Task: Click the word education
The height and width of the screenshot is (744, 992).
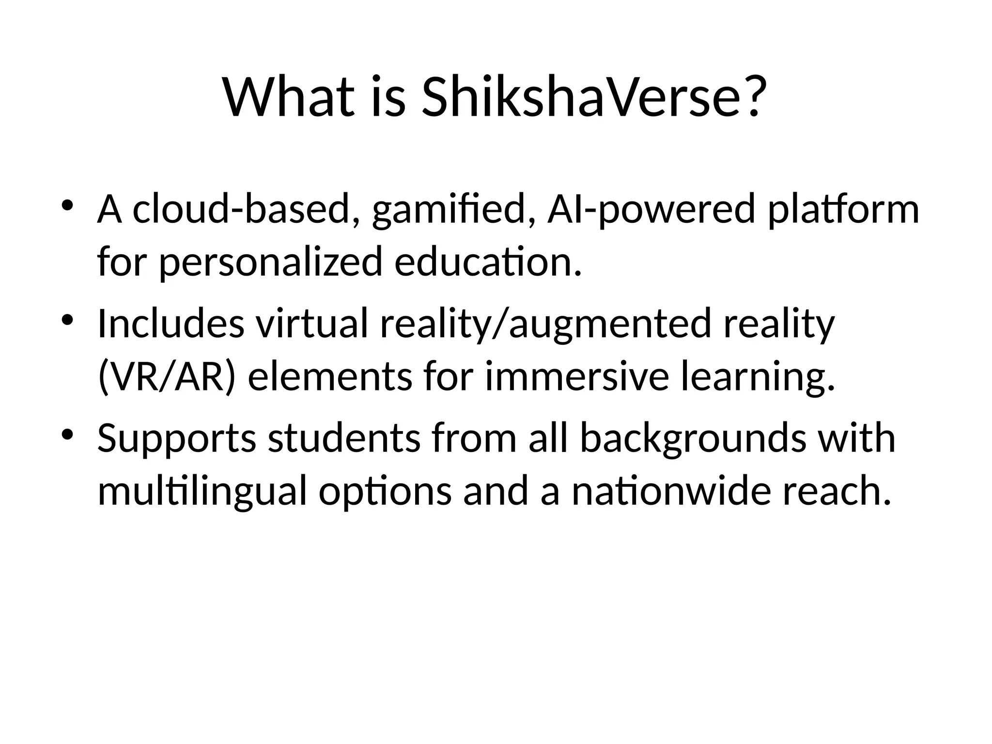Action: point(487,262)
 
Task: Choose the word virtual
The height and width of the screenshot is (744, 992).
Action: point(312,324)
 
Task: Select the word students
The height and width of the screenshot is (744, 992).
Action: point(344,438)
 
